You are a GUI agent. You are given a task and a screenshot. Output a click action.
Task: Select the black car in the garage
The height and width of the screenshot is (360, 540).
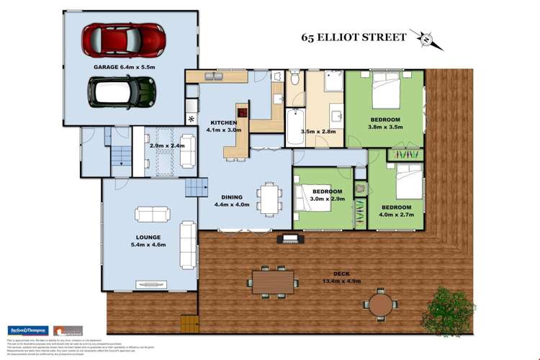tap(122, 90)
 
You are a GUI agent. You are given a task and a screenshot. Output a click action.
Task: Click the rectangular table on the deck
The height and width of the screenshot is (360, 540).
tap(272, 283)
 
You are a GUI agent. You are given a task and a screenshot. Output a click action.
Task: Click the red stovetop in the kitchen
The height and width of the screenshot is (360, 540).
tap(243, 112)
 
